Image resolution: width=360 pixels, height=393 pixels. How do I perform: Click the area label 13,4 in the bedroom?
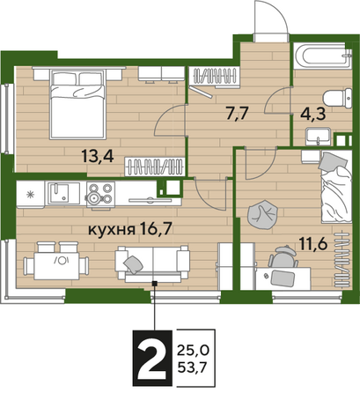[x=98, y=156]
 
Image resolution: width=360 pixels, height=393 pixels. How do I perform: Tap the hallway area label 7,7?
[x=238, y=113]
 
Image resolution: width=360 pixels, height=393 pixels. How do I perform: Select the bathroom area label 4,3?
[x=313, y=115]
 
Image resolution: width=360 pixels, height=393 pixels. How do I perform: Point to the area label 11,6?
[x=313, y=243]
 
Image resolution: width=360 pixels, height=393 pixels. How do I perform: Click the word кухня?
[x=112, y=230]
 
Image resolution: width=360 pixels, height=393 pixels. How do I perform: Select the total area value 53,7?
[x=192, y=367]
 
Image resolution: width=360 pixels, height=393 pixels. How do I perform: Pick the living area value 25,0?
[x=193, y=350]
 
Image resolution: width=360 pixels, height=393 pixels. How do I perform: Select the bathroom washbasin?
[x=318, y=137]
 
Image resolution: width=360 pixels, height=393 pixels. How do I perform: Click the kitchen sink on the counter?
[x=62, y=193]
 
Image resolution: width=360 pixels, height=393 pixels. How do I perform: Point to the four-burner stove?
[x=100, y=194]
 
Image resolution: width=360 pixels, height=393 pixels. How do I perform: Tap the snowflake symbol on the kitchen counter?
[x=30, y=195]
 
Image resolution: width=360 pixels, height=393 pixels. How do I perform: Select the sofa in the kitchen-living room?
[x=152, y=263]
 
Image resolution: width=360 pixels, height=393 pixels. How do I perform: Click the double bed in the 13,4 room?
[x=77, y=103]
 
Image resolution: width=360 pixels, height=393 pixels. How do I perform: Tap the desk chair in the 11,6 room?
[x=283, y=256]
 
